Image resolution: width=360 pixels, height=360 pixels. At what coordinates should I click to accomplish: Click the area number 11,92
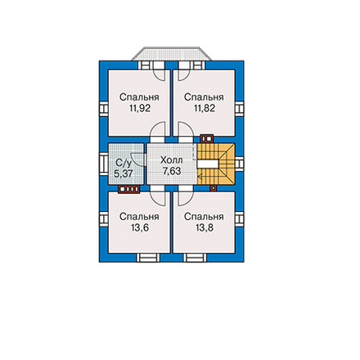tap(139, 109)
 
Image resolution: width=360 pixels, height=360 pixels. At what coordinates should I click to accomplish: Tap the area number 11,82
tap(205, 109)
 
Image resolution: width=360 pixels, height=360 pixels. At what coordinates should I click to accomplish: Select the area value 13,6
tap(139, 227)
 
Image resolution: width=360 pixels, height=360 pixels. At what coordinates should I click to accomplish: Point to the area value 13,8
tap(205, 227)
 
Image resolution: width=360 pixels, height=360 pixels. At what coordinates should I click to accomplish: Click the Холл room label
tap(171, 160)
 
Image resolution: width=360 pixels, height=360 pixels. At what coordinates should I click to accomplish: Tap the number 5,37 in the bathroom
tap(124, 173)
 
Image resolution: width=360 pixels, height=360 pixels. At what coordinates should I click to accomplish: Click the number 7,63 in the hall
tap(172, 171)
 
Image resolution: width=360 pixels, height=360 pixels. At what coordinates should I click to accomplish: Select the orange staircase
tap(216, 164)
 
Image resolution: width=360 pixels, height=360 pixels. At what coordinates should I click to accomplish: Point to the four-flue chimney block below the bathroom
tap(129, 189)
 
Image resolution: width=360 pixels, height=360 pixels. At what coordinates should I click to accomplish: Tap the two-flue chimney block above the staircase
tap(207, 139)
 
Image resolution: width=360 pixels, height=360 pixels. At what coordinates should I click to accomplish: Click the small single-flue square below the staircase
tap(214, 188)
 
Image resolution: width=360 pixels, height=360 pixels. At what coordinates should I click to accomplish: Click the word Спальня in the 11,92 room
tap(139, 97)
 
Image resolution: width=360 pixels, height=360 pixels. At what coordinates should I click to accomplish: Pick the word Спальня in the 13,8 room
tap(205, 217)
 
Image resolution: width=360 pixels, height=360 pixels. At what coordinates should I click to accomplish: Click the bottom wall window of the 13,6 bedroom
tap(148, 258)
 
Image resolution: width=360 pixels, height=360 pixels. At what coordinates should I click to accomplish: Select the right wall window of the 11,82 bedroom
tap(239, 109)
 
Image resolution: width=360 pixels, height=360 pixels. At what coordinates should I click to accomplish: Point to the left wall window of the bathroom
tap(104, 164)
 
